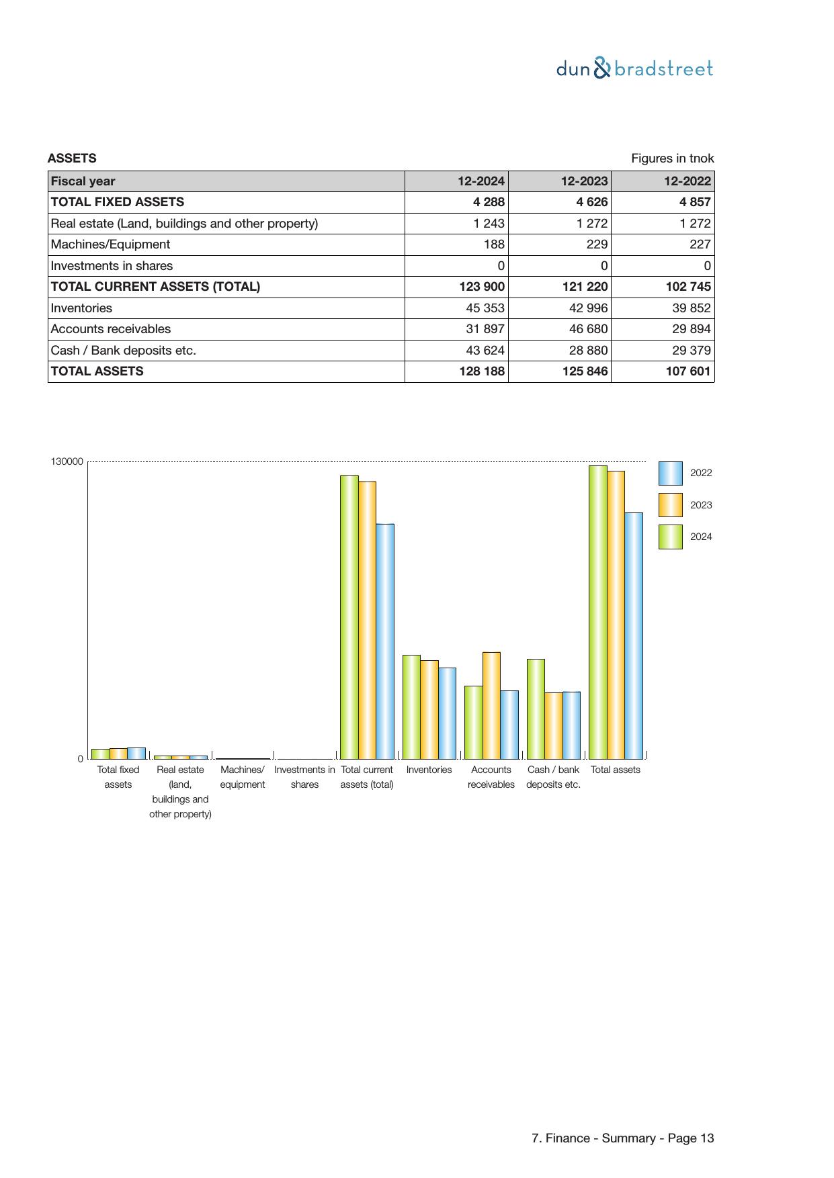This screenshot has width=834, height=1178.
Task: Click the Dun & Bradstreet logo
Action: pyautogui.click(x=634, y=69)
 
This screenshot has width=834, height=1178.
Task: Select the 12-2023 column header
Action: pyautogui.click(x=584, y=181)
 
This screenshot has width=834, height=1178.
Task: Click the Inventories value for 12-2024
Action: pyautogui.click(x=485, y=308)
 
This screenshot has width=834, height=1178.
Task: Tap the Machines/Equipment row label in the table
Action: pyautogui.click(x=110, y=244)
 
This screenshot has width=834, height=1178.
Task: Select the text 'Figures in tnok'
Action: pyautogui.click(x=672, y=158)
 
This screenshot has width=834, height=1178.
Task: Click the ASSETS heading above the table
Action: pyautogui.click(x=72, y=158)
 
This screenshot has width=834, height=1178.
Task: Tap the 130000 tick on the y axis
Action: pyautogui.click(x=67, y=461)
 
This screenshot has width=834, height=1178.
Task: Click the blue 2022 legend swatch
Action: pyautogui.click(x=670, y=473)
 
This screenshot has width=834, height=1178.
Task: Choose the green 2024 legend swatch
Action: pyautogui.click(x=670, y=537)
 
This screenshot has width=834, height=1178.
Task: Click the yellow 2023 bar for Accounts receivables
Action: pyautogui.click(x=491, y=705)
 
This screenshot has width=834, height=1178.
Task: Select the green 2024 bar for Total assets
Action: pyautogui.click(x=597, y=612)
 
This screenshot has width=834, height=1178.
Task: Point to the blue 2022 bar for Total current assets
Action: pyautogui.click(x=385, y=641)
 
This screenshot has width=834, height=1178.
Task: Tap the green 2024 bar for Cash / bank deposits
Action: pyautogui.click(x=536, y=709)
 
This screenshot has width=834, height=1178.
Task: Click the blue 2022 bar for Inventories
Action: pyautogui.click(x=447, y=713)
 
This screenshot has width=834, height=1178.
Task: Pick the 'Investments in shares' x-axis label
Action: pyautogui.click(x=304, y=777)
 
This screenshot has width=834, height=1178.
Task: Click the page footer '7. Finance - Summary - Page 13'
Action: pyautogui.click(x=622, y=1138)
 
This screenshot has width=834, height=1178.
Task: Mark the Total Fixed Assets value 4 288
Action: pyautogui.click(x=488, y=202)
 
